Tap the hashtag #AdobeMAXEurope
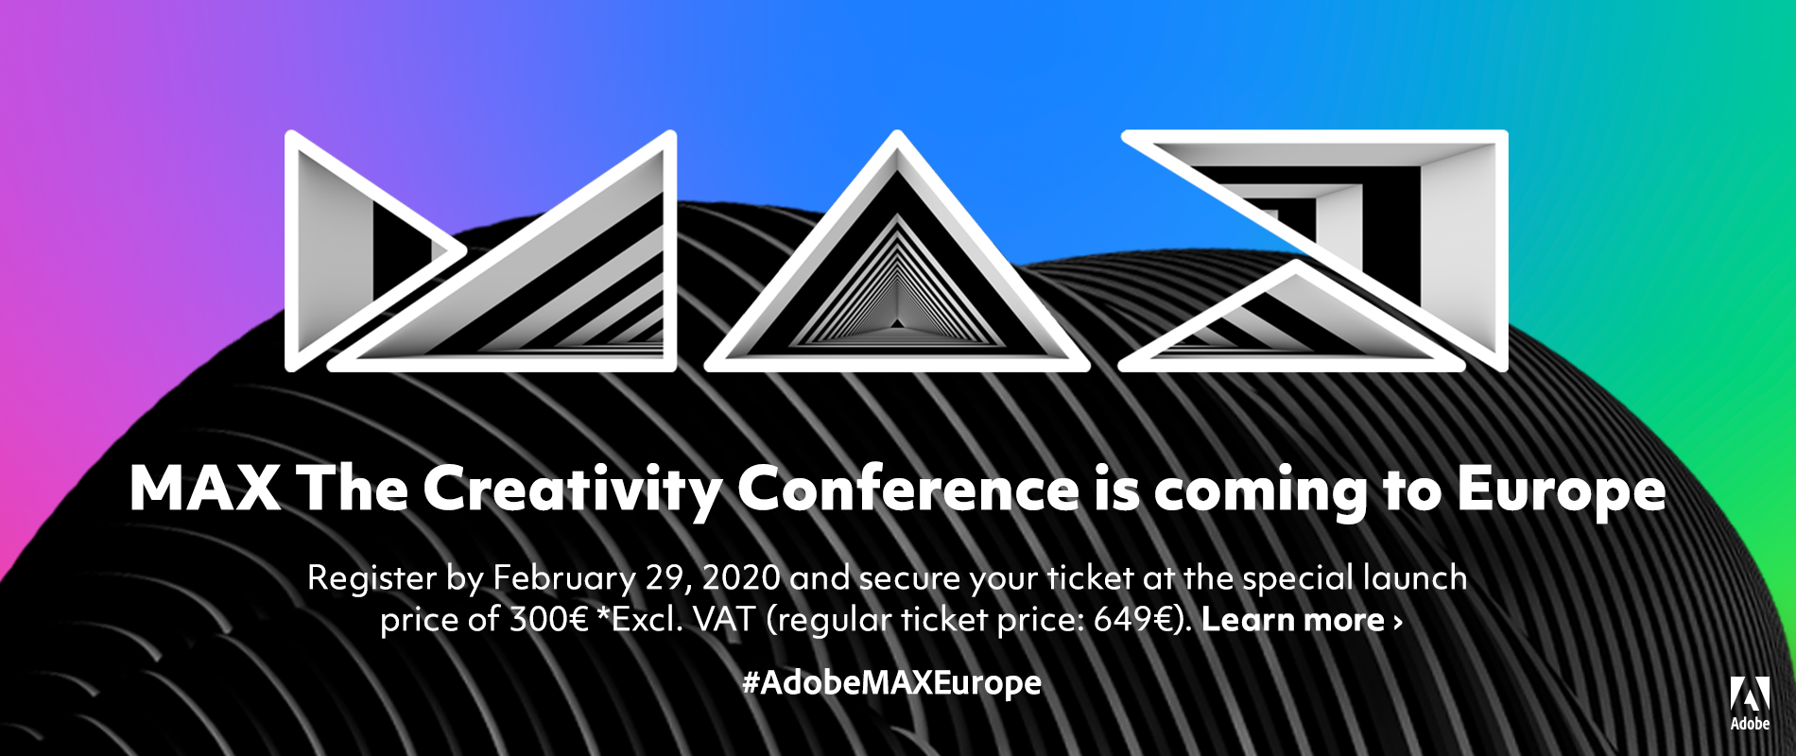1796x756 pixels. [891, 682]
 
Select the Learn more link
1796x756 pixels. [1302, 620]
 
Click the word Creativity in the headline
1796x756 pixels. [573, 490]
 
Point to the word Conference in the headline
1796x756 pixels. [907, 489]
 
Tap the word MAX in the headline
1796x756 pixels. [205, 489]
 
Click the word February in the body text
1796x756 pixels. [564, 578]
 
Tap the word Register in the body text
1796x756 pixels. [371, 579]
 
